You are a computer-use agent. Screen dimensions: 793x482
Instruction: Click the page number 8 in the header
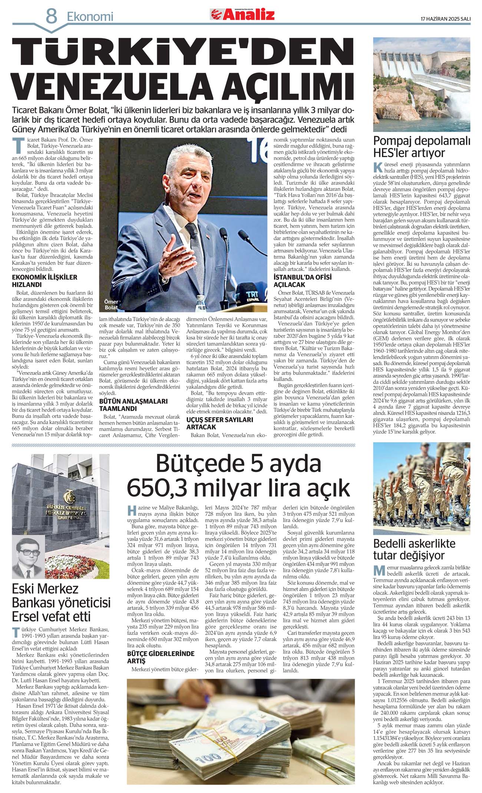tap(52, 16)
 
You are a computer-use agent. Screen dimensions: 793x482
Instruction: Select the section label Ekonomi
tap(90, 17)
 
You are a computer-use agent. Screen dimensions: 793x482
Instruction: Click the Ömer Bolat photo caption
tap(111, 305)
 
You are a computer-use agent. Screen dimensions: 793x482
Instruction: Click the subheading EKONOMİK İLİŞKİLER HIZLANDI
tap(45, 281)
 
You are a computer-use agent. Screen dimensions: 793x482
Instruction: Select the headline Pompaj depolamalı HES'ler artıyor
tap(422, 147)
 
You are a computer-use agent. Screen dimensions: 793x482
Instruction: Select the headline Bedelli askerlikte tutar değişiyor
tap(414, 550)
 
